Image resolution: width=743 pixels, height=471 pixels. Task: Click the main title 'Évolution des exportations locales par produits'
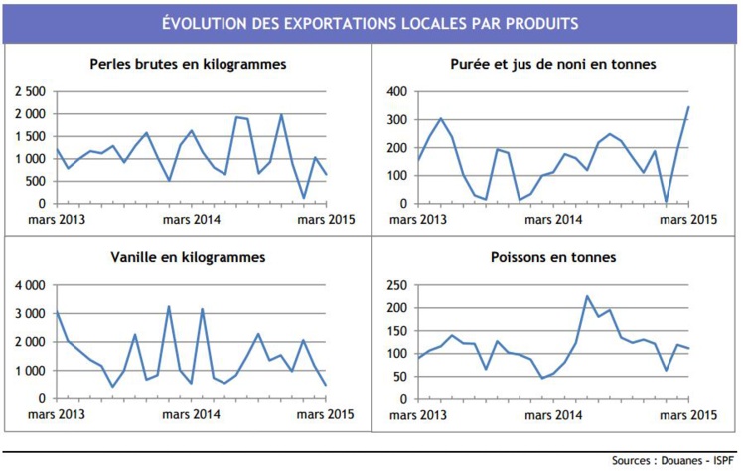coord(370,22)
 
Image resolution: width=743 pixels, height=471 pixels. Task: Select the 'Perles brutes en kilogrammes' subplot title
coord(188,64)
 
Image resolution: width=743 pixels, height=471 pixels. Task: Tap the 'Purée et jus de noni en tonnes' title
coord(552,64)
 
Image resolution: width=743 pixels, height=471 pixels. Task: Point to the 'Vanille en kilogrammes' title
coord(188,258)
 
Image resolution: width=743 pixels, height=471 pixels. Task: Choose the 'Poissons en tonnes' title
coord(552,258)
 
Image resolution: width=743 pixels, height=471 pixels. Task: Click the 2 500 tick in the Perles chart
coord(29,91)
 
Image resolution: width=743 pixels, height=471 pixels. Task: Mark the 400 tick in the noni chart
coord(396,91)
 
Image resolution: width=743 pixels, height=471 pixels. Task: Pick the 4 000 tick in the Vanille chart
coord(29,285)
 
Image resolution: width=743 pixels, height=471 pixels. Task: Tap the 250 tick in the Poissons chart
coord(396,285)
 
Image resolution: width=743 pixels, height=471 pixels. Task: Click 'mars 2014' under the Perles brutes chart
coord(192,219)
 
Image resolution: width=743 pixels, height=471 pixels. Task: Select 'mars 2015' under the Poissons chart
coord(688,413)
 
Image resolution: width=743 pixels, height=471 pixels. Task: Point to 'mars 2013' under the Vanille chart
coord(57,413)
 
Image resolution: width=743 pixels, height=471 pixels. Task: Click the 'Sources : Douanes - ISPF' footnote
coord(673,460)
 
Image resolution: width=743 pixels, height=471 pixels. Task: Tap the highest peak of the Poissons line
coord(586,296)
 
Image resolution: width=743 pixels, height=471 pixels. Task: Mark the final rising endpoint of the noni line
coord(688,107)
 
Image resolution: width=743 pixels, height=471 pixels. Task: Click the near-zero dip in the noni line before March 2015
coord(667,202)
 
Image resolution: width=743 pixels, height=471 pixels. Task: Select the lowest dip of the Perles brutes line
coord(304,197)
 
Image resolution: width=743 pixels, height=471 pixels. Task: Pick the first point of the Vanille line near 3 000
coord(57,312)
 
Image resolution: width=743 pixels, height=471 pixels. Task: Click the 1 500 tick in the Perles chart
coord(29,136)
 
